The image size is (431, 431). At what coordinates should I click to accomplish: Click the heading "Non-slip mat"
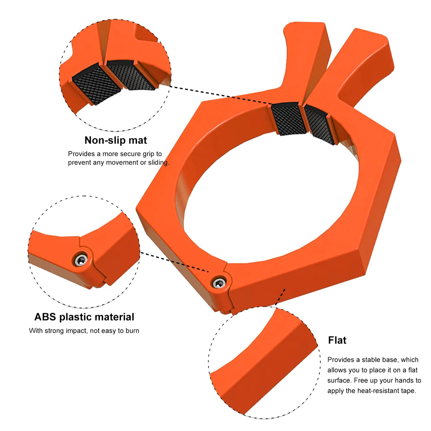[x=115, y=140]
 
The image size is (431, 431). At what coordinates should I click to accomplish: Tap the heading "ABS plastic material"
[x=84, y=317]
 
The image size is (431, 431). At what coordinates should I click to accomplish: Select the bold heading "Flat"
[x=337, y=340]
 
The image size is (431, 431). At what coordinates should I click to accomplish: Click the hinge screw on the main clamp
[x=219, y=283]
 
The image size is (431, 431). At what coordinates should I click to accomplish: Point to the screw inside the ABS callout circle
[x=80, y=260]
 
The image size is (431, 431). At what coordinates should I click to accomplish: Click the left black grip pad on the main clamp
[x=288, y=119]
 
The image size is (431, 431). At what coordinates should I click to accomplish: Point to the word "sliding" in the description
[x=158, y=163]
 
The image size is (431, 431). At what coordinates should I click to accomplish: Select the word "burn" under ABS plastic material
[x=132, y=331]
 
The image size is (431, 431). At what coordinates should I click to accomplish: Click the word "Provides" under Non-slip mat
[x=81, y=154]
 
